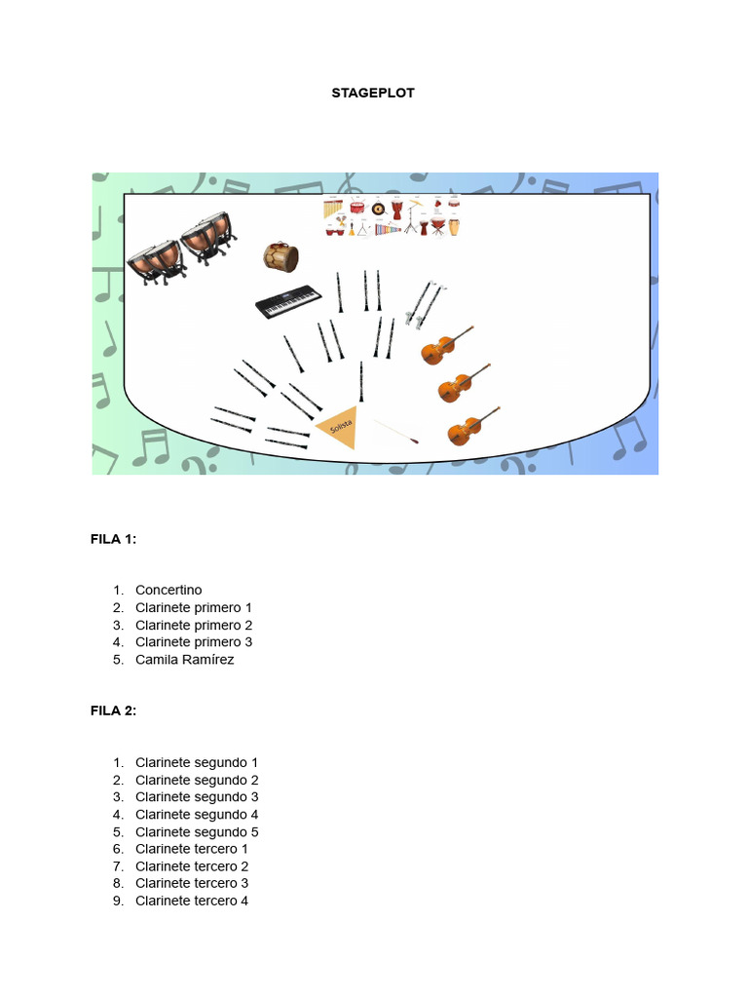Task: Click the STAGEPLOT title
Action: click(374, 93)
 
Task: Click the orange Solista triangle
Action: click(339, 427)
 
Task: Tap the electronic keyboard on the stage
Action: click(288, 303)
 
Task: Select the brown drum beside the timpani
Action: click(280, 256)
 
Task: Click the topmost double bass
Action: click(446, 345)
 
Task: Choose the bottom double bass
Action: click(472, 427)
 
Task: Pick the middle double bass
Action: click(463, 383)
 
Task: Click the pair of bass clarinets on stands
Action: click(425, 303)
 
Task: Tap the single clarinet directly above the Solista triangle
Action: click(361, 381)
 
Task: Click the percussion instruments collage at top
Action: click(392, 215)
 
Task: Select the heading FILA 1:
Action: click(114, 539)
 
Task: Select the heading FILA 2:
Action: click(114, 710)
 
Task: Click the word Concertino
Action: click(168, 590)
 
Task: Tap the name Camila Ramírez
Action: click(185, 660)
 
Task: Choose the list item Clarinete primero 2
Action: click(194, 625)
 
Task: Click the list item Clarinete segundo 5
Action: click(197, 831)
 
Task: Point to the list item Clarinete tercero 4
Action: click(192, 901)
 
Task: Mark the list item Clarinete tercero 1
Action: click(192, 849)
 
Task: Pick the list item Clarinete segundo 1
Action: click(197, 762)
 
